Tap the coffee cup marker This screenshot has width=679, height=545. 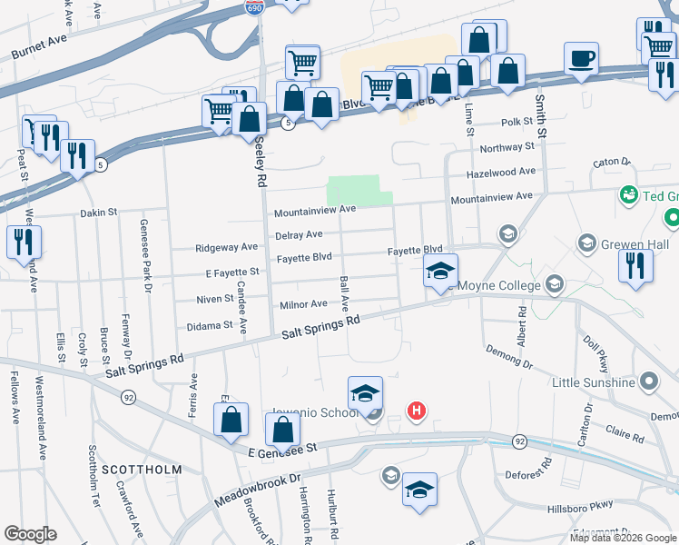581,60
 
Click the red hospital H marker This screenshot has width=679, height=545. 417,411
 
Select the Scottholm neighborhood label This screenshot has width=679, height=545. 141,470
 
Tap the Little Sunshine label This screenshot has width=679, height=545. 594,382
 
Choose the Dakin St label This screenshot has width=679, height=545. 99,213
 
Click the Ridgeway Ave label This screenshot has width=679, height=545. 227,247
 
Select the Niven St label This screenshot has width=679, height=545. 214,299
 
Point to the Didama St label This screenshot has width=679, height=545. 211,325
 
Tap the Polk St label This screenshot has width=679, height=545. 517,122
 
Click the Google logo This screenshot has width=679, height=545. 30,534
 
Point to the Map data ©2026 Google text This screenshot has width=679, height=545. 623,538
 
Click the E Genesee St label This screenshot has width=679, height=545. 281,449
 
